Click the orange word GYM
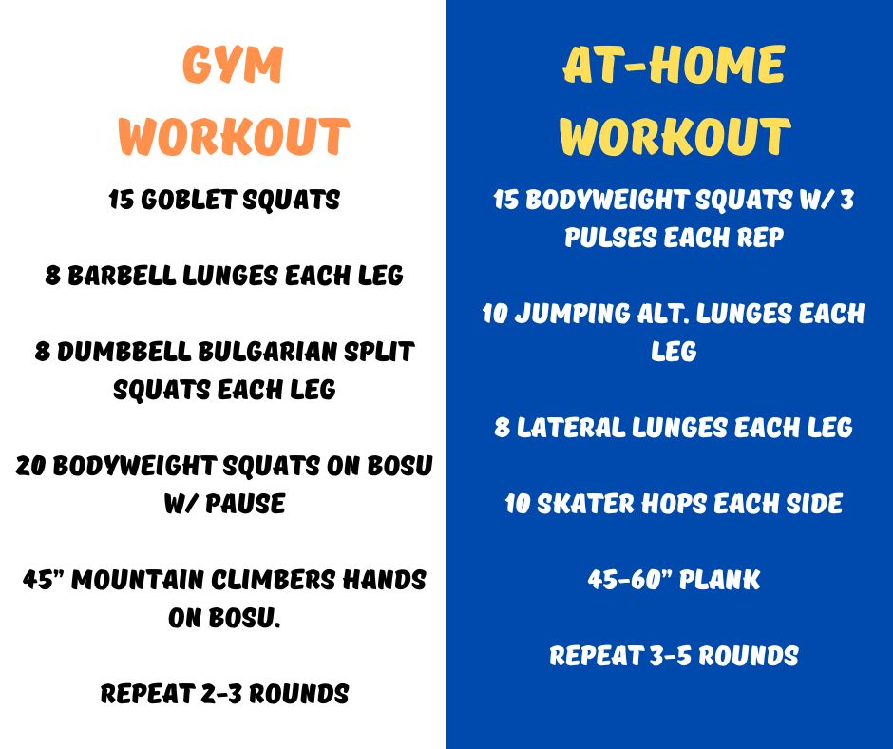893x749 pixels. [233, 64]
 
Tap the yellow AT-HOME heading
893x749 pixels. [674, 65]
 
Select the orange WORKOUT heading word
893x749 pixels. [234, 136]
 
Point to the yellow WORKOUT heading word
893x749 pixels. [674, 136]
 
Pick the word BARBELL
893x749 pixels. [122, 276]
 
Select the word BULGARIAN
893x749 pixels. [268, 352]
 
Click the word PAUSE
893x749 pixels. [245, 504]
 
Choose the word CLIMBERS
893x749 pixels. [274, 580]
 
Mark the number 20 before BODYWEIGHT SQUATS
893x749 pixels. [30, 466]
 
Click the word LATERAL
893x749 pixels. [571, 428]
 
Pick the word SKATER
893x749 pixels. [585, 504]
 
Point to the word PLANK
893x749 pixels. [719, 580]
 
